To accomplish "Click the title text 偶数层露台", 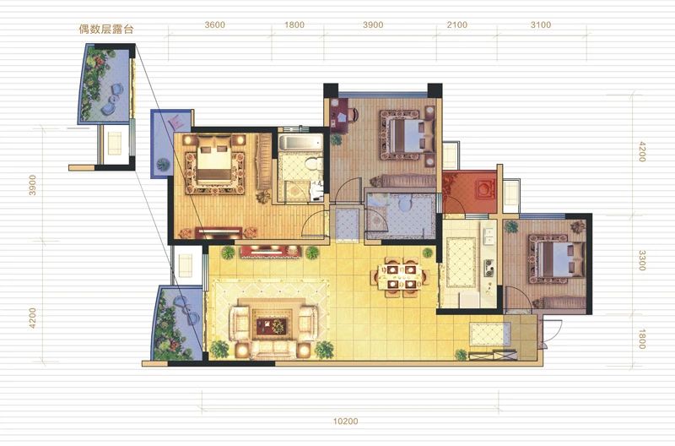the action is [x=106, y=30].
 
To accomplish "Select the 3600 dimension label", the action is [x=214, y=25].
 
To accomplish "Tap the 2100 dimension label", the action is [x=456, y=25].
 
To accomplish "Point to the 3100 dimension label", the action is [x=540, y=25].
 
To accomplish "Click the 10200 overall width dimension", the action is [x=346, y=421].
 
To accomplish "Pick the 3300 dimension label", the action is [x=642, y=261].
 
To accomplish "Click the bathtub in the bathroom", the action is [x=300, y=142].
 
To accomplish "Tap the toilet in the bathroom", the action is [x=313, y=164].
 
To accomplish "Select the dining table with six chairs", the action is [x=400, y=277].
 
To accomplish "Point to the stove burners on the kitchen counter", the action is [x=489, y=267].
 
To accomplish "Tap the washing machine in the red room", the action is [x=486, y=189].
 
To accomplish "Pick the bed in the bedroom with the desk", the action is [x=409, y=135].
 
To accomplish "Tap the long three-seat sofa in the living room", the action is [x=273, y=349].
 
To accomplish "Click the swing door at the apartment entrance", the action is [x=552, y=331].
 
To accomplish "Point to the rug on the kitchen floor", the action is [x=461, y=262].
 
